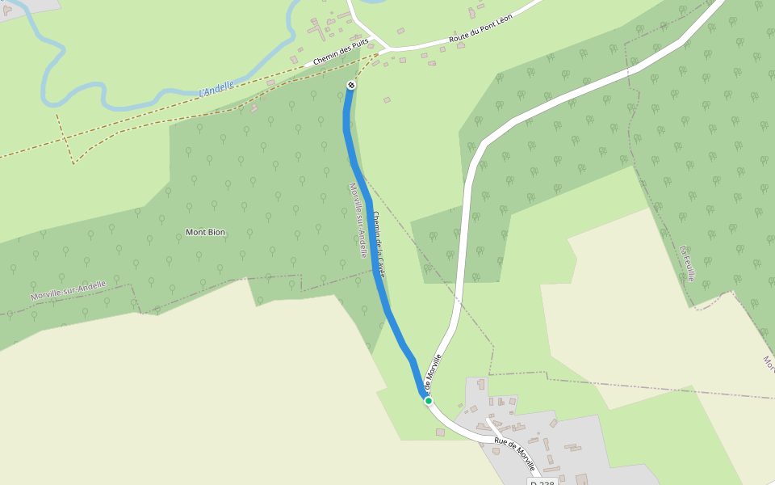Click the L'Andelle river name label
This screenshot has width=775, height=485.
tap(216, 88)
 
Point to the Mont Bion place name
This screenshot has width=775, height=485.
tap(206, 233)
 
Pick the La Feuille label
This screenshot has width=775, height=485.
tap(688, 264)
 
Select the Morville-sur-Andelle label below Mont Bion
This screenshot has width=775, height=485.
tap(69, 291)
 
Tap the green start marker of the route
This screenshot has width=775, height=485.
tap(429, 400)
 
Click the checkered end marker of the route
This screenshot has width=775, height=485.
tap(351, 85)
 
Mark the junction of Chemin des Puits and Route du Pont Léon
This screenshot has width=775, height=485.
tap(383, 51)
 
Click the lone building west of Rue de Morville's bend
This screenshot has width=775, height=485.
tap(440, 432)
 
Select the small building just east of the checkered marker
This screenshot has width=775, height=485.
tap(387, 99)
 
